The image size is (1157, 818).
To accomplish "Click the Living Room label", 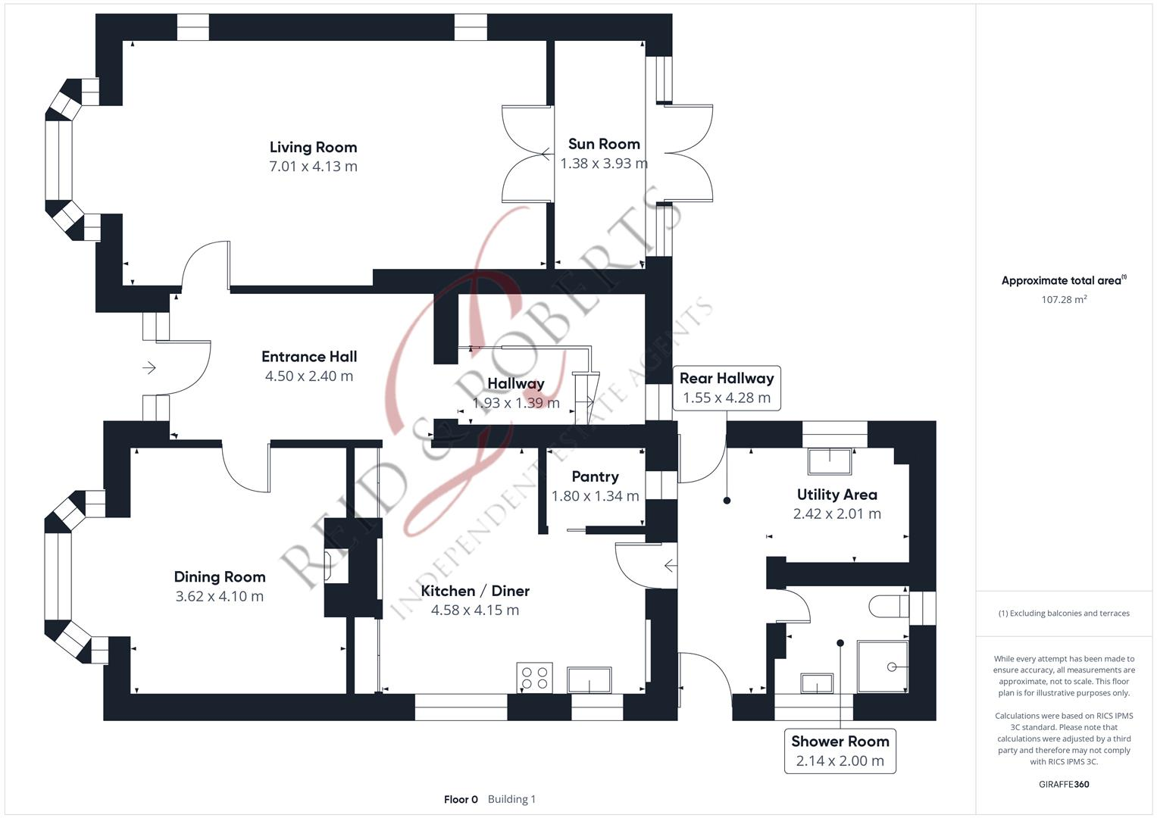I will (x=313, y=147).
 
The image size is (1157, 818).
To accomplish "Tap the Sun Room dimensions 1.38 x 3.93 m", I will (x=603, y=164).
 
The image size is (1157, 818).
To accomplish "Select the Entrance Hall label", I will (x=309, y=357).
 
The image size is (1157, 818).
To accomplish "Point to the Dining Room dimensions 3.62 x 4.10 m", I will (x=220, y=597).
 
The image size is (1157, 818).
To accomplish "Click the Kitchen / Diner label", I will (x=475, y=591).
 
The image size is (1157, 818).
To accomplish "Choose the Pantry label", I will (x=595, y=476).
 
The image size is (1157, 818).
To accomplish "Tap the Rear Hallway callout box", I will (x=726, y=388).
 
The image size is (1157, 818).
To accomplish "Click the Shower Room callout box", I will (x=840, y=751).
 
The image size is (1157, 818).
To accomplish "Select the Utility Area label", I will (x=836, y=495).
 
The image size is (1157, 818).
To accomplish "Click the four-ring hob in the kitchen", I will (x=534, y=678).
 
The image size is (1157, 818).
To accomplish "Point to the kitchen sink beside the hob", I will (x=590, y=680).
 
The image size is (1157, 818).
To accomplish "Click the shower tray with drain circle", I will (x=883, y=667).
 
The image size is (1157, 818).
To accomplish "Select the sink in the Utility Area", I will (x=830, y=461).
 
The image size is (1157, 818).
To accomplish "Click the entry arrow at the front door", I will (x=149, y=368).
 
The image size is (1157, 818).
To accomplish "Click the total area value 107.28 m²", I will (x=1063, y=300).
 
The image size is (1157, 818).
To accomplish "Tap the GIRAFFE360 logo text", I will (x=1063, y=785).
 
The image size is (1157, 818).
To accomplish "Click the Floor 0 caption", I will (x=461, y=799).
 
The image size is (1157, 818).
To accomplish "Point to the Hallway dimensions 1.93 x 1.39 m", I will (x=516, y=404).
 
